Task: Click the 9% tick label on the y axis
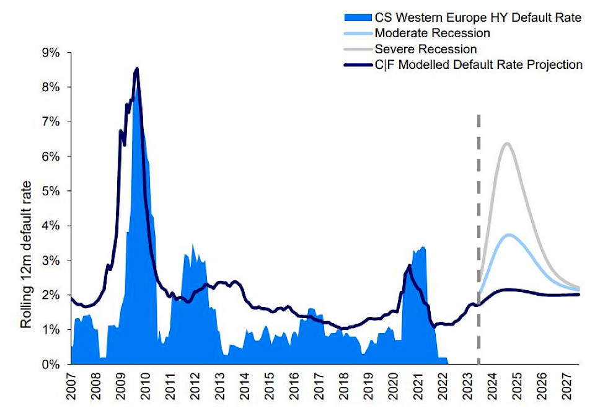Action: point(51,53)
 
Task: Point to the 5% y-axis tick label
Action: point(51,191)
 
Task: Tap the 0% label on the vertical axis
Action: point(51,365)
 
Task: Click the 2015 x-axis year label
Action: point(268,386)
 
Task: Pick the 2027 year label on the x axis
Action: point(566,386)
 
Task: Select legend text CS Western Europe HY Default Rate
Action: point(478,17)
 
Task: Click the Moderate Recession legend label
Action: point(433,33)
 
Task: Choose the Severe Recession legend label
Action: point(426,48)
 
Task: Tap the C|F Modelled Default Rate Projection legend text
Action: point(478,64)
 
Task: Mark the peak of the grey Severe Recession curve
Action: point(507,144)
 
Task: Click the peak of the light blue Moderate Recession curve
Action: point(509,234)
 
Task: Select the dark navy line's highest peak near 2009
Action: point(136,69)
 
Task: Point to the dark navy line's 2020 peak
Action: point(409,265)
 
